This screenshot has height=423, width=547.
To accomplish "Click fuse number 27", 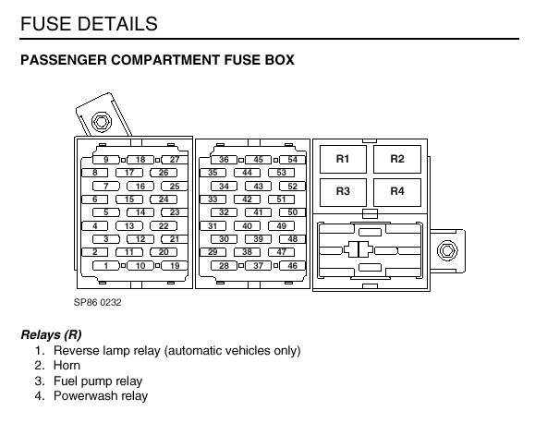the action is [175, 160].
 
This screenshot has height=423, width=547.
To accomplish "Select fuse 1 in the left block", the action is [106, 266].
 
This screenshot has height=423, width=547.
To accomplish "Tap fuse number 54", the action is [292, 160].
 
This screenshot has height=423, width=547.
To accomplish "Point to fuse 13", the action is [129, 226].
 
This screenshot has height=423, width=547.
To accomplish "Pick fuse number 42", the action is [247, 199].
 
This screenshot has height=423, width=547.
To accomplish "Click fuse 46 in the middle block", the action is [292, 266].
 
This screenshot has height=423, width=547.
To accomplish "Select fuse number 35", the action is [213, 173].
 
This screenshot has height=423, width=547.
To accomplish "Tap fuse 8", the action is [95, 173].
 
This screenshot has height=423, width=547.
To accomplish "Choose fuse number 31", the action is [213, 226].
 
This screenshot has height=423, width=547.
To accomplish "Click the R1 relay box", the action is [343, 159].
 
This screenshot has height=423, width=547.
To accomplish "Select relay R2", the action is [397, 159].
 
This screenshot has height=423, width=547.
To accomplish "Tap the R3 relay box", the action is [343, 192].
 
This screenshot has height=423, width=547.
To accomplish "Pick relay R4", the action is [397, 192].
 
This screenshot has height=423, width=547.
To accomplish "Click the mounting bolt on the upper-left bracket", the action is [101, 122].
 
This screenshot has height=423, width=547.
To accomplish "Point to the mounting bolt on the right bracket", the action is [447, 250].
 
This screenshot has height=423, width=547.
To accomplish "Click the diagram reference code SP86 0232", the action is [97, 302].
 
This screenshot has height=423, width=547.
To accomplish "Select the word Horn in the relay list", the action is [67, 366].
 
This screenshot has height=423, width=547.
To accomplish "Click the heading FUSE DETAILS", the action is [89, 24].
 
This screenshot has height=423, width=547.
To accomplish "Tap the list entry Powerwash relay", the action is [101, 396].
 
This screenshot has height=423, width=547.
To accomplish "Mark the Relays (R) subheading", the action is [52, 334].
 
